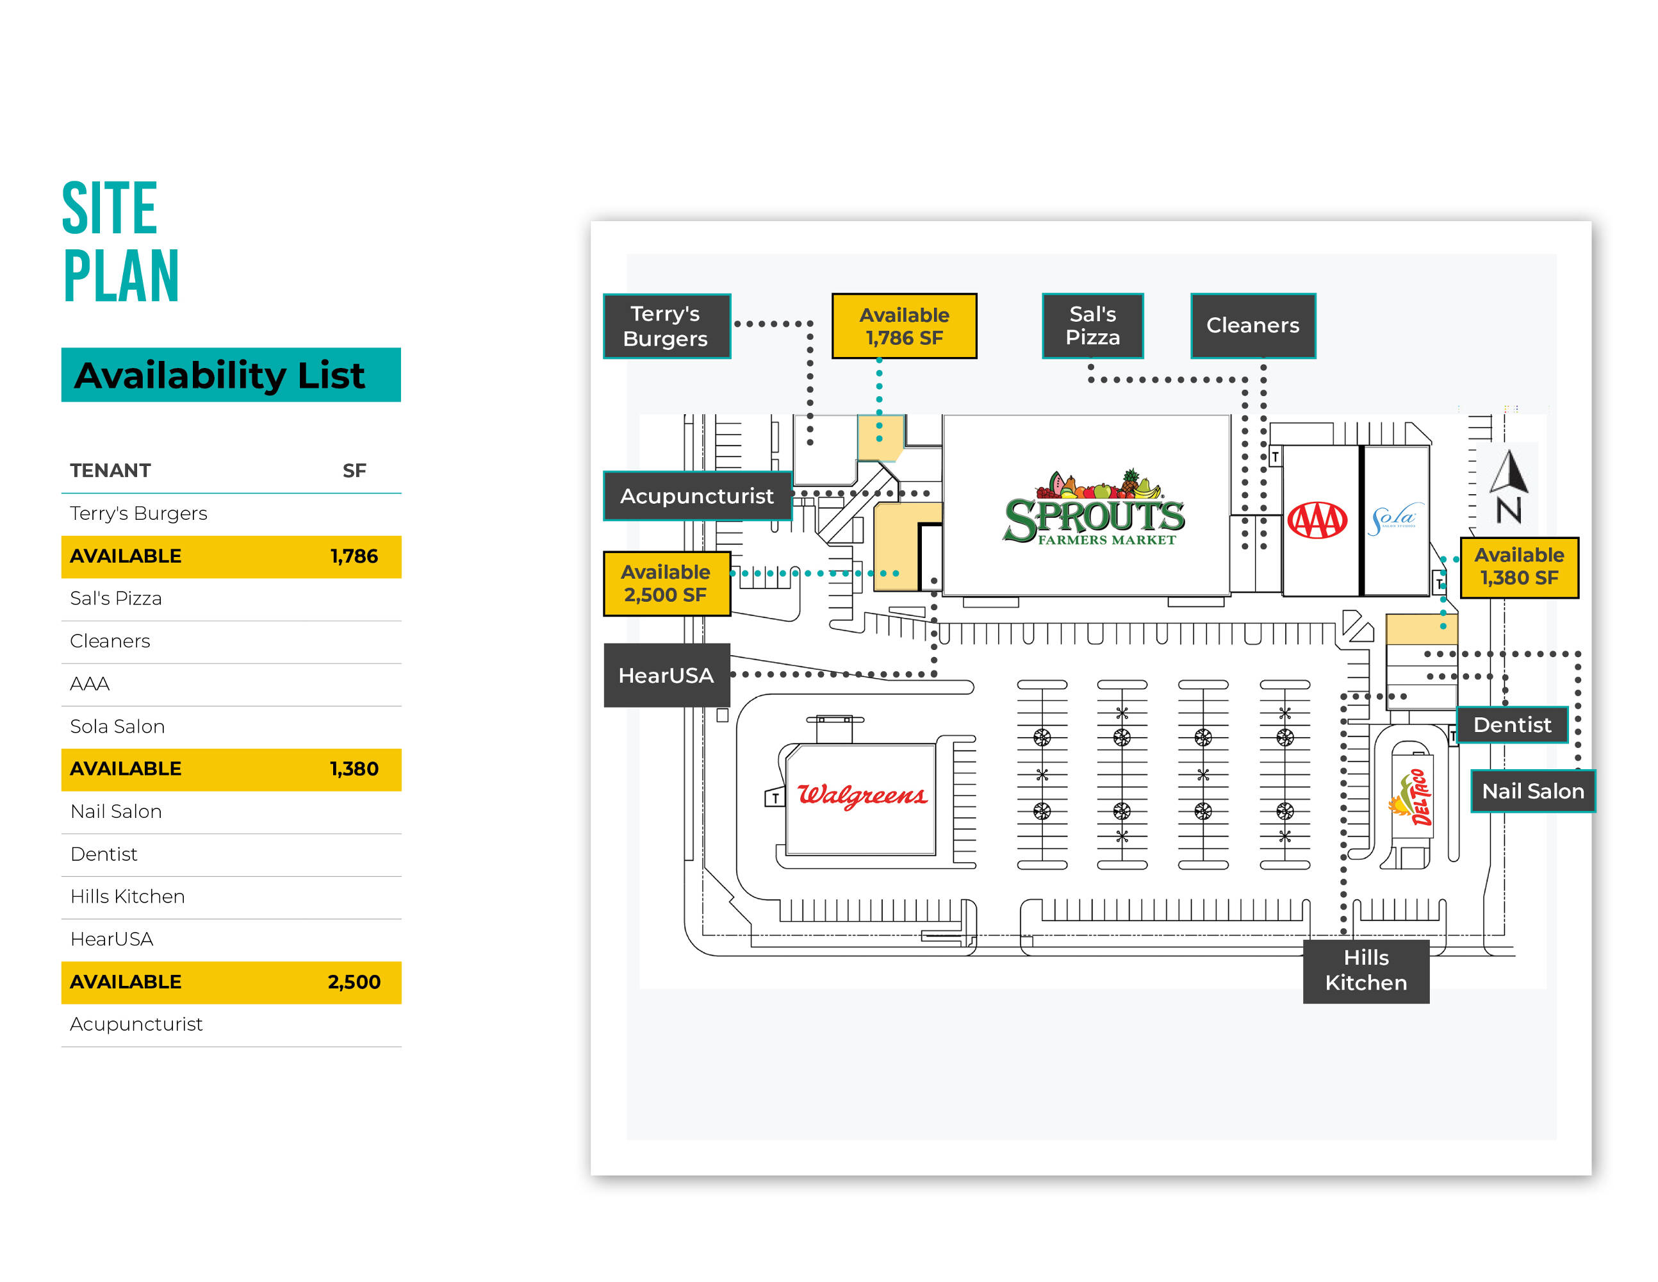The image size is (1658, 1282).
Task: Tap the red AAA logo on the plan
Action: [1317, 520]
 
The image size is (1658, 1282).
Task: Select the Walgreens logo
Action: [862, 795]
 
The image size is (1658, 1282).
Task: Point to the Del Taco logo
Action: [1412, 797]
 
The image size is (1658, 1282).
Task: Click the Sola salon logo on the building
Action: [1395, 519]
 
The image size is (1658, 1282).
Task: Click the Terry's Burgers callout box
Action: [666, 326]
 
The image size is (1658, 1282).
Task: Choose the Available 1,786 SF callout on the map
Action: [903, 326]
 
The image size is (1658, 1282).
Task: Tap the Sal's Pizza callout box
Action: [1092, 326]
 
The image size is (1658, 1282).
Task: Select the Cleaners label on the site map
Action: [1252, 326]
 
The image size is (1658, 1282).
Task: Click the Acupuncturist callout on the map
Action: [696, 496]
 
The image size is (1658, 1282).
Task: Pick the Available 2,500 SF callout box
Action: [666, 583]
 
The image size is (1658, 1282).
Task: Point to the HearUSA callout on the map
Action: [666, 675]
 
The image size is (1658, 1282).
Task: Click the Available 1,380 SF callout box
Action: [1518, 567]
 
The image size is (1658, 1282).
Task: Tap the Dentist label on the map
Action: [1511, 724]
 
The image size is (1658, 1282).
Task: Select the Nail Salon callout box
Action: [1532, 792]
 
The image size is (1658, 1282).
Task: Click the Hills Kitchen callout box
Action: [1365, 970]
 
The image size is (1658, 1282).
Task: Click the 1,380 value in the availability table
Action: [354, 769]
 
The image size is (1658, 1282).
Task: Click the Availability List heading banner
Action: [231, 375]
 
